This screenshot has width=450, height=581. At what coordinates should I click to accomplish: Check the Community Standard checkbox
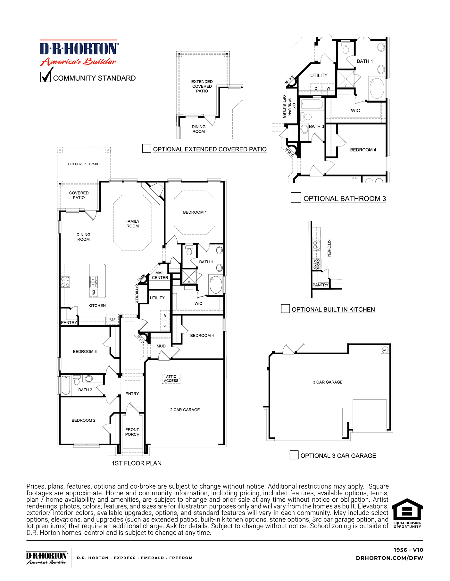(46, 77)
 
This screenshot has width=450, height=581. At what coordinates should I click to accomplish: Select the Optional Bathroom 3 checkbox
(296, 197)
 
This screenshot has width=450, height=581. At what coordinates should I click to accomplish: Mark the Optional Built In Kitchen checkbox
(285, 308)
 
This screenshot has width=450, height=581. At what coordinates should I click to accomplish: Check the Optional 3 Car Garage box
(294, 455)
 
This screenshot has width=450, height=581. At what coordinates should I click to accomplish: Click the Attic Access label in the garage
(171, 379)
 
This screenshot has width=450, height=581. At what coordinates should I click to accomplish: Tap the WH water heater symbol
(385, 350)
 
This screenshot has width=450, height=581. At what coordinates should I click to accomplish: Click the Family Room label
(132, 224)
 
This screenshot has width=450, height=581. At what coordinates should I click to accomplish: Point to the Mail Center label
(160, 275)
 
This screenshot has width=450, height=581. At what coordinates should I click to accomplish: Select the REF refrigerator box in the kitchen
(112, 319)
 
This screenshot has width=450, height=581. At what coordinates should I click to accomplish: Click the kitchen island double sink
(93, 282)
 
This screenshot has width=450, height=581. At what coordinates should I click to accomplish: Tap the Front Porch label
(132, 432)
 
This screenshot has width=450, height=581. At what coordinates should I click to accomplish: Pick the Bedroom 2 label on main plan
(83, 420)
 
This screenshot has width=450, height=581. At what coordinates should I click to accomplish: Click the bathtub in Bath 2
(65, 385)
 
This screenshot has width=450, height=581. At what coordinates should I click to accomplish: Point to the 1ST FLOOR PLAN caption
(137, 463)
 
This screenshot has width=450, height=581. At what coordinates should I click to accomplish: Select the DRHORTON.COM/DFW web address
(389, 558)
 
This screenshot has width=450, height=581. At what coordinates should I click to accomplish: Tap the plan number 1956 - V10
(408, 550)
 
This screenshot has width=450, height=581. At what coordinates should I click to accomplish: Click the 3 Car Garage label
(328, 382)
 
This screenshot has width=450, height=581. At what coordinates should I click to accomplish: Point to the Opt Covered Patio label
(84, 164)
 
